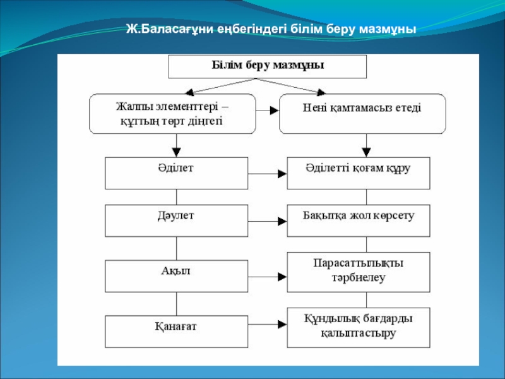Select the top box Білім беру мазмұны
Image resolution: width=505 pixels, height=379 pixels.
point(267,66)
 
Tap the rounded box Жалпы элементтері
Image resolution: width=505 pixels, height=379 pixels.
point(172,114)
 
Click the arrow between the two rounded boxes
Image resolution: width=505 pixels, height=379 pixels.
point(268,110)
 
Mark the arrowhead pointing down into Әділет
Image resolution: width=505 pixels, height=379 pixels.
point(177,152)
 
